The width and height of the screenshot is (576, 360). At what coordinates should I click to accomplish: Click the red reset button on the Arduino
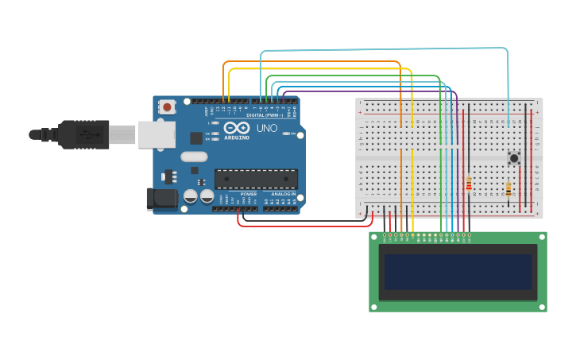point(167,106)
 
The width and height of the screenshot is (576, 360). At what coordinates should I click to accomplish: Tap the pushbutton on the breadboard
point(514,158)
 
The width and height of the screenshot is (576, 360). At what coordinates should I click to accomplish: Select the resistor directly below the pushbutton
point(508,189)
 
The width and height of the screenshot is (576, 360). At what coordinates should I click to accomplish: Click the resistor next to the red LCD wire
point(469,184)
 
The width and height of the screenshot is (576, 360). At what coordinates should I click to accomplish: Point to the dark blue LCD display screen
point(458,272)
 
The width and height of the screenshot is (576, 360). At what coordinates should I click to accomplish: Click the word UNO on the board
point(267,128)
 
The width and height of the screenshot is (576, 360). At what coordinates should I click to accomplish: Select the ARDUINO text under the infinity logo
point(238,137)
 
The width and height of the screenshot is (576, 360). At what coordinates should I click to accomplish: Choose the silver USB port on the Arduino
point(157,134)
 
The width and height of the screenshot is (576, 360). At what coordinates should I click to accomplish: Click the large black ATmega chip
point(256,179)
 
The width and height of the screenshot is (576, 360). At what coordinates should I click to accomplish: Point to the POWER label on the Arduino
point(249,194)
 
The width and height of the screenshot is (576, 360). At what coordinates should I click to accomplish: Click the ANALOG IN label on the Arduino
point(282,194)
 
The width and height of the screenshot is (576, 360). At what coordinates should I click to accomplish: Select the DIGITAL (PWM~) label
point(266,115)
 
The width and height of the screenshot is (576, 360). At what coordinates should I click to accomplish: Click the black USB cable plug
point(83,134)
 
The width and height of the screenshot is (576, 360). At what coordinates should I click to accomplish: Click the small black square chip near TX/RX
point(195,138)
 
